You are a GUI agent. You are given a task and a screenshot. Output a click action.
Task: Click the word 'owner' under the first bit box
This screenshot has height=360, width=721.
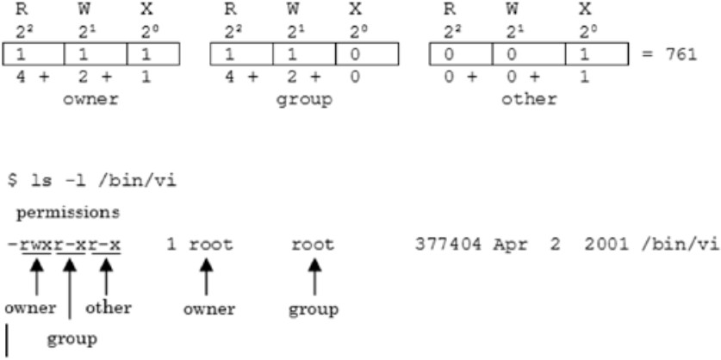pos(90,99)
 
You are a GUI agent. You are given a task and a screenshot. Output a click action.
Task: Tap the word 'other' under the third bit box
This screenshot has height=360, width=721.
pos(529,99)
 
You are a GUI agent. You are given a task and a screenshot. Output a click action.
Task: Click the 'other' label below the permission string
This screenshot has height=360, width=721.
pos(109,307)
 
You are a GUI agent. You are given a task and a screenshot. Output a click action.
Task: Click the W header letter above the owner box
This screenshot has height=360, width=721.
pos(84,9)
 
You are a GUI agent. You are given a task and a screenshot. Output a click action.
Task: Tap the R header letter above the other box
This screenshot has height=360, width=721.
pos(449,9)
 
